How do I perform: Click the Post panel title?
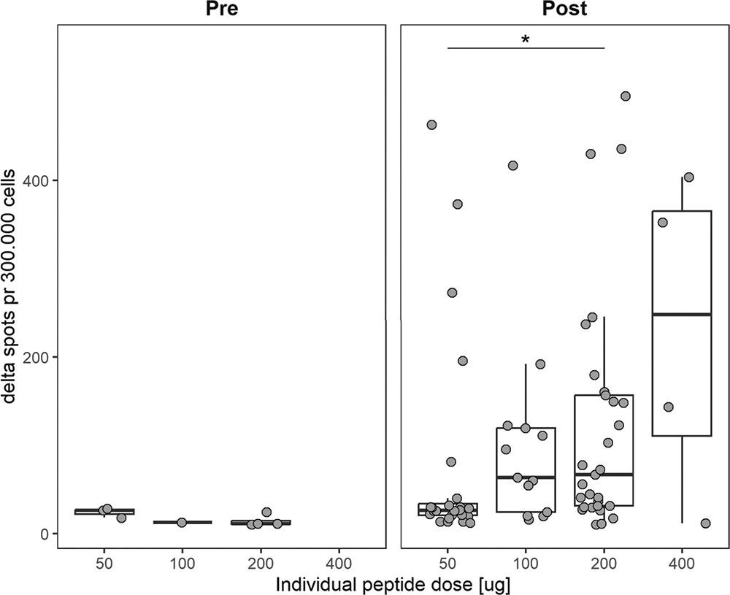click(x=565, y=9)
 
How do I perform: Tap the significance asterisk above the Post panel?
click(x=526, y=39)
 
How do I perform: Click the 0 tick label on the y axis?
click(x=45, y=534)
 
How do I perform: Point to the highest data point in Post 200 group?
click(x=625, y=96)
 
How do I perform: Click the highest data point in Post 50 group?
click(x=431, y=125)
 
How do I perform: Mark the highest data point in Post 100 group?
click(x=512, y=165)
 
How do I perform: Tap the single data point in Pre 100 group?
click(x=182, y=523)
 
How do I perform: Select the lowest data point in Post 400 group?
click(x=705, y=523)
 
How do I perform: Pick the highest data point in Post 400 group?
click(x=688, y=177)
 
